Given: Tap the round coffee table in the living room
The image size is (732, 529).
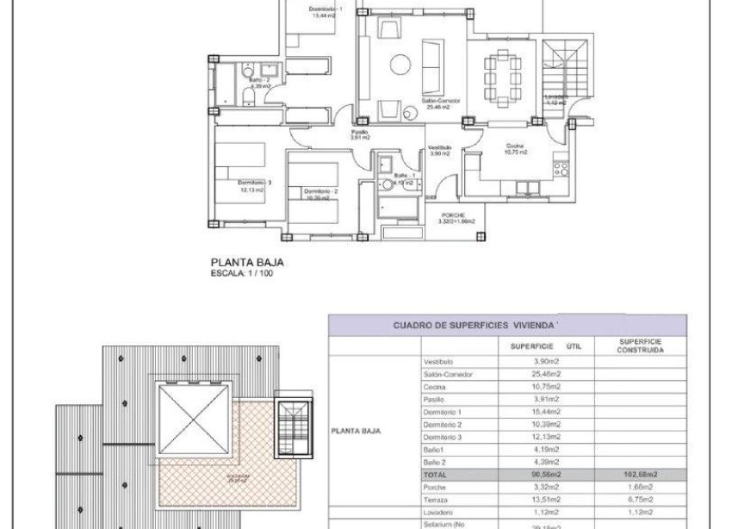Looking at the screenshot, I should click(x=401, y=64).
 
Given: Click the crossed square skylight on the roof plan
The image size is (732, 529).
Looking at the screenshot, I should click(x=193, y=423).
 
